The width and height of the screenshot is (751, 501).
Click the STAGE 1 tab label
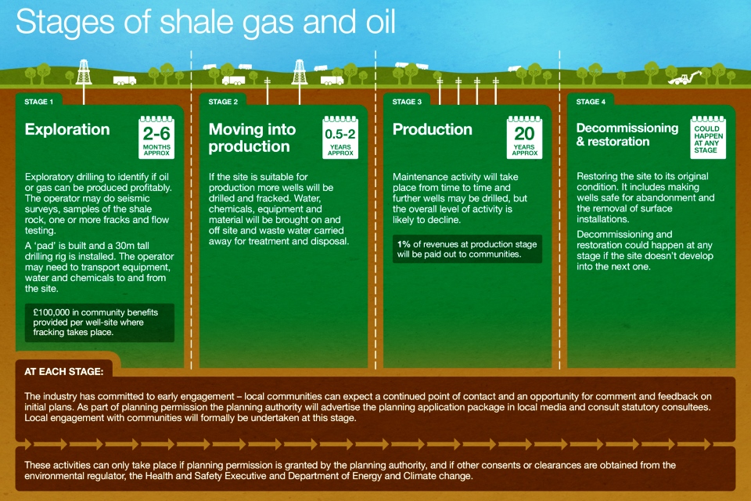coord(39,102)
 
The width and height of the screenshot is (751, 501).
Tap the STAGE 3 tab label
coord(407,102)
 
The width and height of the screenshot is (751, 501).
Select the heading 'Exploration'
coord(67,129)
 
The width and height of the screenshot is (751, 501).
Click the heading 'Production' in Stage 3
coord(432,129)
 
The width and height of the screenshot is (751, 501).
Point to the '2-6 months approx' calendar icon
coord(156,137)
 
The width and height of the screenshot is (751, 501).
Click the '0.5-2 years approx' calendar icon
coord(340,137)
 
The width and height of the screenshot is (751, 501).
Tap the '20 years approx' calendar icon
coord(524,137)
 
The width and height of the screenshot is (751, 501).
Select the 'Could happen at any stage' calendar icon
coord(708,137)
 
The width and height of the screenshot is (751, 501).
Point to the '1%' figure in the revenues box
coord(404,244)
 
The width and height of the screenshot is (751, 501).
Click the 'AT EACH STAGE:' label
coord(63,372)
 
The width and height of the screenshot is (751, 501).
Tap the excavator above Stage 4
coord(685,77)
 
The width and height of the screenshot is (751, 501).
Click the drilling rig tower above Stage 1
coord(84,72)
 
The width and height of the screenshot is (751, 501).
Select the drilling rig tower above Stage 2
coord(300,72)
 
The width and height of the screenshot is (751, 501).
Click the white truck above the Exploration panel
coord(124,80)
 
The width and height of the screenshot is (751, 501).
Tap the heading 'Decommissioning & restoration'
coord(627,135)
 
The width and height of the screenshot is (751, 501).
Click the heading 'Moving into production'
coord(252,138)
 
